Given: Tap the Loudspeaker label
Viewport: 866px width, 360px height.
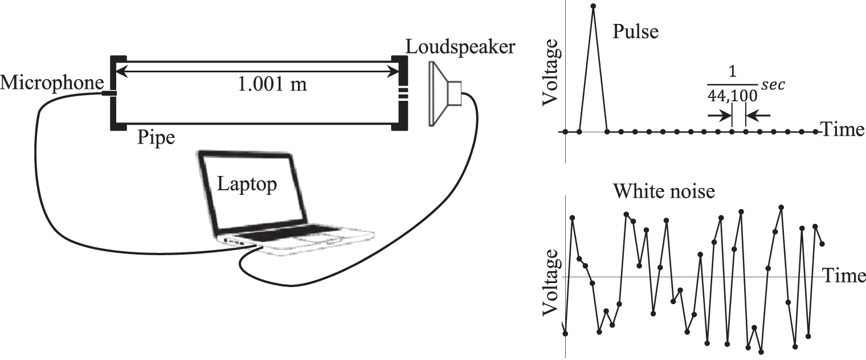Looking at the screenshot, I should click(460, 46).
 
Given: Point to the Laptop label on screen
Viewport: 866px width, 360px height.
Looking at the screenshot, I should click(247, 184).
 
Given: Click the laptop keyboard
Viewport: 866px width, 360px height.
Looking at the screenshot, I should click(285, 234).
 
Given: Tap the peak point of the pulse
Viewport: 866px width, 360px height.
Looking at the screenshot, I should click(594, 7).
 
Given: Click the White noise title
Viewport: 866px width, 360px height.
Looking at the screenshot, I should click(664, 192).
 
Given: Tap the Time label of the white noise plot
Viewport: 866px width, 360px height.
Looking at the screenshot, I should click(845, 276).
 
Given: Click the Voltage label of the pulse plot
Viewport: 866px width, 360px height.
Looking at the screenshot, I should click(552, 77).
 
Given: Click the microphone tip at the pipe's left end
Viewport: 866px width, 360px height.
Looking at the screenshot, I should click(108, 93).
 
